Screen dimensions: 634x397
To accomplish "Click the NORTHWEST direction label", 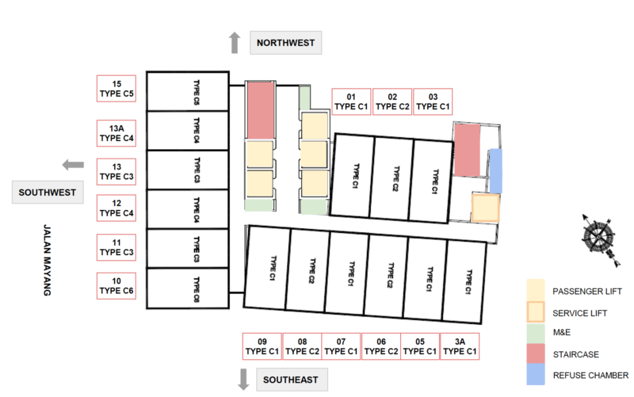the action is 285,43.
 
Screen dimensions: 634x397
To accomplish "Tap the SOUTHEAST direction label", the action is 292,380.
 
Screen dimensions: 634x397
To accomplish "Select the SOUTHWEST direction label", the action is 48,193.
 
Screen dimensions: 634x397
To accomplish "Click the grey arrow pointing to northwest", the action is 235,43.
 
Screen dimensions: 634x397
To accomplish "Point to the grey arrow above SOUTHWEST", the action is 73,165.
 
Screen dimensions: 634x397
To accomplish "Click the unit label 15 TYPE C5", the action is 116,89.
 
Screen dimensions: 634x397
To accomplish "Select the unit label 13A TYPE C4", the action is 116,133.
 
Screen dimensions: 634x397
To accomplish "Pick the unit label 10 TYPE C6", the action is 116,286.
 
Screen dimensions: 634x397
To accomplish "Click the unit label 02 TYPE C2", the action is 392,101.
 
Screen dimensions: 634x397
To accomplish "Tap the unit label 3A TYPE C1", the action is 460,346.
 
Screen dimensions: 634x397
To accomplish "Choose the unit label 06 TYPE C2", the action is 381,346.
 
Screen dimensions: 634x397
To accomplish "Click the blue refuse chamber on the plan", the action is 496,170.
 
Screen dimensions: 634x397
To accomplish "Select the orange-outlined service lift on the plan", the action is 485,208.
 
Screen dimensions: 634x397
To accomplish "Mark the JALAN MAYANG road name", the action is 48,260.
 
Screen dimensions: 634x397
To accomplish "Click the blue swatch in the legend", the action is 536,374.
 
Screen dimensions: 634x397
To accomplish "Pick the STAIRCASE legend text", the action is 576,354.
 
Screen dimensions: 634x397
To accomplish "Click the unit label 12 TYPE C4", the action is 116,208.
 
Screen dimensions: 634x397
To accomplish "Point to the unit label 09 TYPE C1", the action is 262,346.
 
